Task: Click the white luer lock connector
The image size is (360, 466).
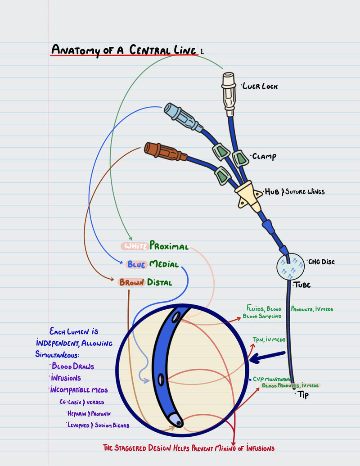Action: pos(229,90)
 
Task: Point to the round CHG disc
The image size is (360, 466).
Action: pos(288,268)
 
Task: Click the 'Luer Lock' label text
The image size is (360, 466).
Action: pos(260,86)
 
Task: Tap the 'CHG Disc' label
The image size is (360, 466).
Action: pos(321,262)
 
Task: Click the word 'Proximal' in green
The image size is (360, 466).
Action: pos(169,246)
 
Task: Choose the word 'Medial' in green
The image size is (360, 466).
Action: pos(164,264)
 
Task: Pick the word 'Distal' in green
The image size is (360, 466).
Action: pos(161,282)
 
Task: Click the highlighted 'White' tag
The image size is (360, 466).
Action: pos(134,246)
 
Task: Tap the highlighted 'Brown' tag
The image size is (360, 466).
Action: pos(131,283)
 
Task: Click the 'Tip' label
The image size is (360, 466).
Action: pos(303,395)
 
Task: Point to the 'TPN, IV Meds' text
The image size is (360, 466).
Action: pos(269,339)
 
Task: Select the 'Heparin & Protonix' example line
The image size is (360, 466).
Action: pos(89,413)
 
